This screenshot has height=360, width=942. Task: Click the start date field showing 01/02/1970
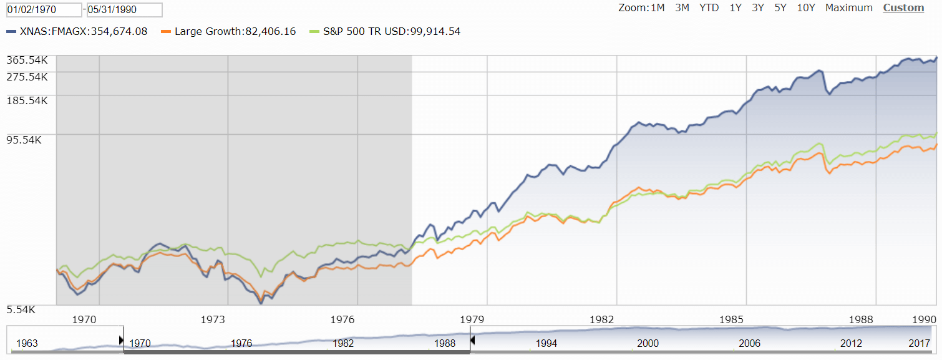pyautogui.click(x=44, y=10)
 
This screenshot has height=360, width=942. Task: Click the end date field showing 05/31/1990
pyautogui.click(x=125, y=10)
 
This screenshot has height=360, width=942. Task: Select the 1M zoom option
pyautogui.click(x=658, y=8)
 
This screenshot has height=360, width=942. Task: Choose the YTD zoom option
pyautogui.click(x=709, y=8)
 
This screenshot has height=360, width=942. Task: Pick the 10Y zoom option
pyautogui.click(x=806, y=8)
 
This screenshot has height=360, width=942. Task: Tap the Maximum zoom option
pyautogui.click(x=848, y=8)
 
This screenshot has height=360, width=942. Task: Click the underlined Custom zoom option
pyautogui.click(x=903, y=8)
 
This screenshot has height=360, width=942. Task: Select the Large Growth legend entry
pyautogui.click(x=228, y=31)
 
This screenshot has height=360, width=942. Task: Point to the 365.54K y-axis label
pyautogui.click(x=27, y=60)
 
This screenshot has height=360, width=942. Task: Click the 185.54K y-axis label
pyautogui.click(x=27, y=100)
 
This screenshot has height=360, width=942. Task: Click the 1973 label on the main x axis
pyautogui.click(x=213, y=320)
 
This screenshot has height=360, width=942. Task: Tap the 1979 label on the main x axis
pyautogui.click(x=472, y=320)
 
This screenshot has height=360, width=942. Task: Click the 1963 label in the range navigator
pyautogui.click(x=27, y=343)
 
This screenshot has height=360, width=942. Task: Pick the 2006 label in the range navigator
pyautogui.click(x=749, y=343)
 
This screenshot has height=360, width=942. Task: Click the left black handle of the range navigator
pyautogui.click(x=122, y=340)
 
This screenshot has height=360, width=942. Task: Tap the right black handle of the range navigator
pyautogui.click(x=472, y=340)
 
